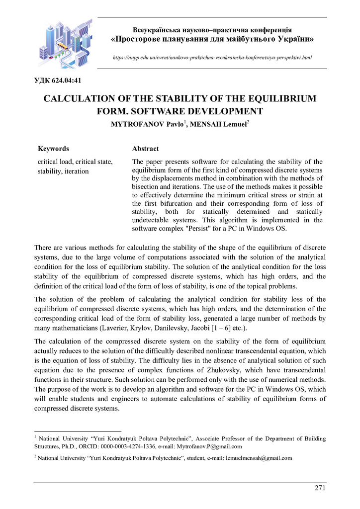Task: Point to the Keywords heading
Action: pos(54,149)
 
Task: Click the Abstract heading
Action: pos(146,149)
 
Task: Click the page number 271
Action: pos(320,488)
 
